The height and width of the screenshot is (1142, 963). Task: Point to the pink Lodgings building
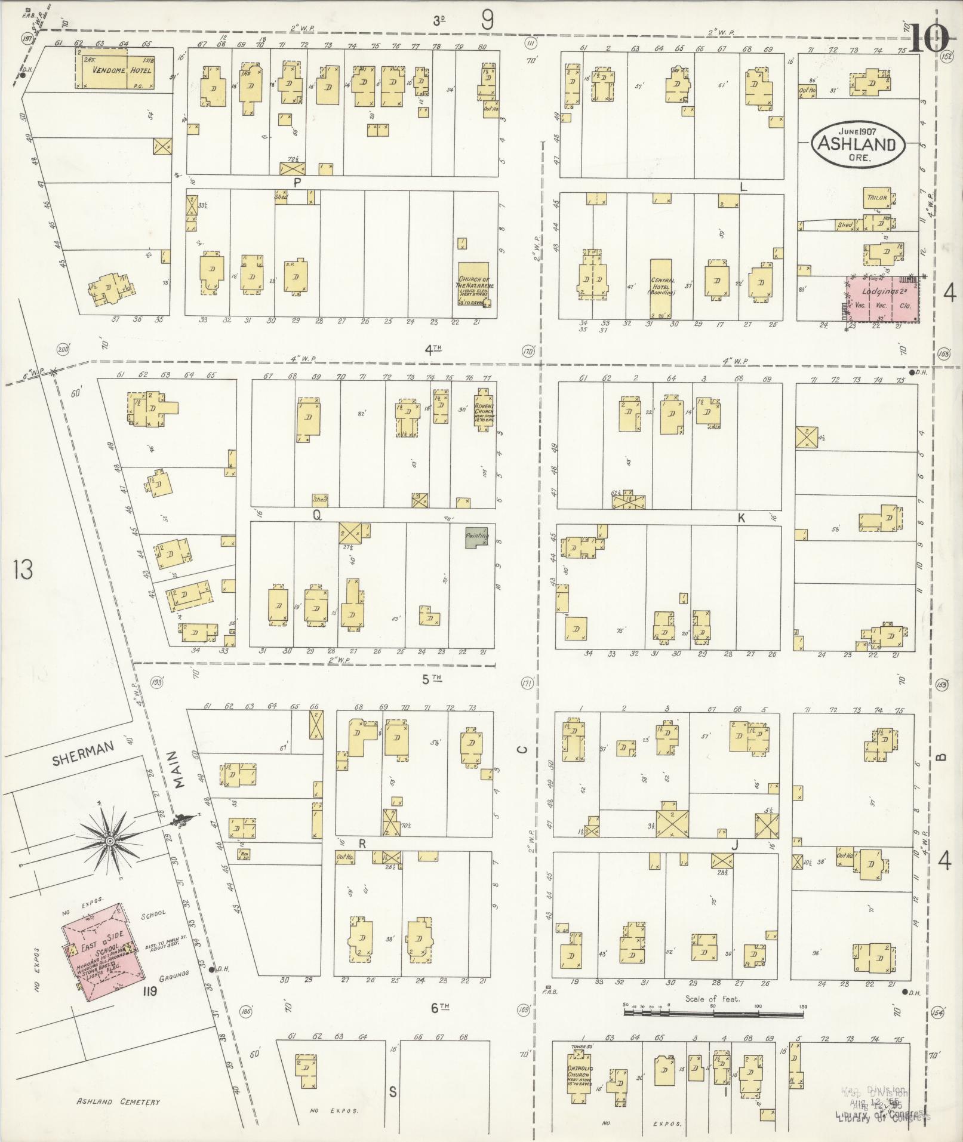[883, 300]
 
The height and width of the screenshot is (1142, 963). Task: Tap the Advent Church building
[483, 409]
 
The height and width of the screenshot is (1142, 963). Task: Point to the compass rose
[110, 841]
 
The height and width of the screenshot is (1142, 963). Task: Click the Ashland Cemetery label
[118, 1102]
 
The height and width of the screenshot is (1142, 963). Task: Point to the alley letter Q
[317, 516]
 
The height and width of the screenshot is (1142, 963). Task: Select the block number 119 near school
[149, 993]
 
